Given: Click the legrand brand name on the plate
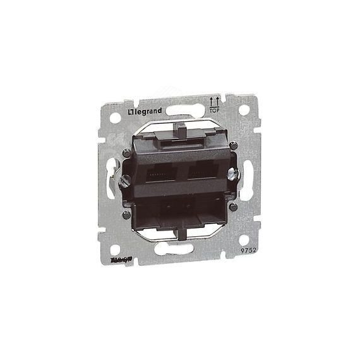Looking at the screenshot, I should click(146, 112).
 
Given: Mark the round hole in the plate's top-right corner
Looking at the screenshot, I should click(243, 109).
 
